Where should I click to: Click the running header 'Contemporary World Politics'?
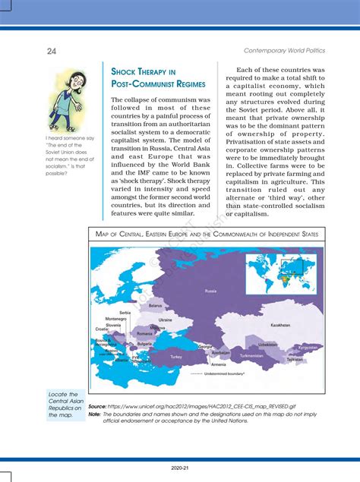(284, 50)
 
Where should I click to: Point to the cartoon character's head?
(66, 80)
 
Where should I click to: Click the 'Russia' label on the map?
(210, 291)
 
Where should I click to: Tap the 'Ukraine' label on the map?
(165, 320)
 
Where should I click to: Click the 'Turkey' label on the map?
(176, 356)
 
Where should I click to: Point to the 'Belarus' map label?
(155, 305)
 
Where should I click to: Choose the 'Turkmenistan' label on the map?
(251, 354)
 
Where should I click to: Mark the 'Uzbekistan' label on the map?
(267, 344)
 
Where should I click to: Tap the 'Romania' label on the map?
(145, 333)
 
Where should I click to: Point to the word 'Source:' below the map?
(97, 406)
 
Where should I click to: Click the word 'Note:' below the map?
(95, 414)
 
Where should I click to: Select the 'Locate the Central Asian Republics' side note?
(63, 405)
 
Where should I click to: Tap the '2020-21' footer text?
(180, 469)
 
